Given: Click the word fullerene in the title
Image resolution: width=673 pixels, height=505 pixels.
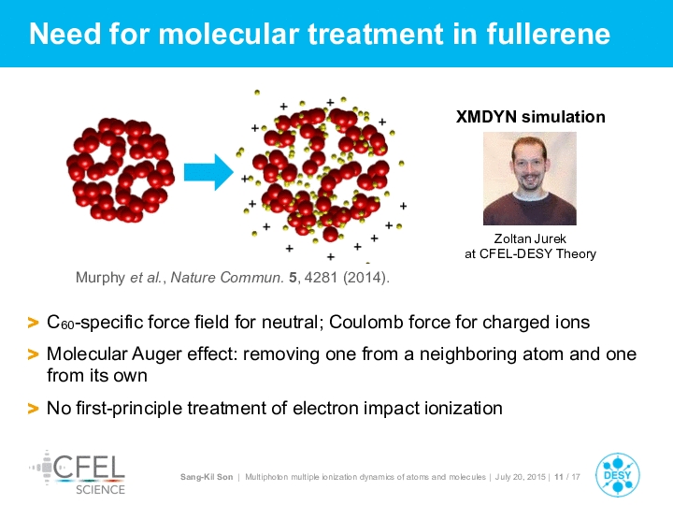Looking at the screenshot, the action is (x=548, y=34).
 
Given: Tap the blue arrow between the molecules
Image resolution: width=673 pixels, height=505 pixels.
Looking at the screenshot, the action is (x=208, y=172).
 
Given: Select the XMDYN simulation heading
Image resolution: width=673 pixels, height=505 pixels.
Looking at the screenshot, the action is (x=531, y=117).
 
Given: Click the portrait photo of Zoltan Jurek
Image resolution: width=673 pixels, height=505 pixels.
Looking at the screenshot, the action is (x=530, y=179).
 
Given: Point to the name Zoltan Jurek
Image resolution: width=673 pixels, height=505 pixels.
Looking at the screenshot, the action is (x=530, y=238).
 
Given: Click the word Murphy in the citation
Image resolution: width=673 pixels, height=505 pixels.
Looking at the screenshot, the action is (x=100, y=278).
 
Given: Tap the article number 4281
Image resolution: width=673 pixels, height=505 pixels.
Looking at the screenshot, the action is (x=321, y=278).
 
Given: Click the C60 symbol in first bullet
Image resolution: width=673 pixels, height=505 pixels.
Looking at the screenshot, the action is (x=61, y=323).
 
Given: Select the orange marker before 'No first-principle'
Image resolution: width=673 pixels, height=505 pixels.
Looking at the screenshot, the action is (x=33, y=409).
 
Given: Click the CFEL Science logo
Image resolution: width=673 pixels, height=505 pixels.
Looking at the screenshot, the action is (x=78, y=472).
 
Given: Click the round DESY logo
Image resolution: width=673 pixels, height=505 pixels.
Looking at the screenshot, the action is (x=618, y=475).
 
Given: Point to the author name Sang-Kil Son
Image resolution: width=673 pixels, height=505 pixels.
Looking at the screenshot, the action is (x=207, y=477).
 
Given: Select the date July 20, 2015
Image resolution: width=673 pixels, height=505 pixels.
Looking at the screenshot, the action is (x=521, y=477).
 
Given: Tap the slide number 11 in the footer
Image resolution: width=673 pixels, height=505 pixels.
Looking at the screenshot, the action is (x=558, y=477).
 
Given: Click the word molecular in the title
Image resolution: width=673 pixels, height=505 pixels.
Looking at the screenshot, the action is (x=229, y=34).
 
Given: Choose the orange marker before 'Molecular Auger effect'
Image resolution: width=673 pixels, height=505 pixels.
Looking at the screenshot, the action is (x=33, y=354).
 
